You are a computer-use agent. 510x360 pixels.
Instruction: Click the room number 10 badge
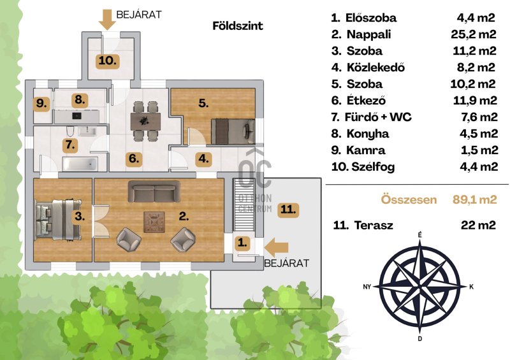(107, 61)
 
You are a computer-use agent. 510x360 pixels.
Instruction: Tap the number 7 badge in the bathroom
(70, 145)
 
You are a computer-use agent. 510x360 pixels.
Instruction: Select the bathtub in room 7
(80, 164)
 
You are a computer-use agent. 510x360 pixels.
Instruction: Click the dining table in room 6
(145, 121)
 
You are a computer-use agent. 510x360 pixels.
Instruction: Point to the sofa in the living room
(154, 192)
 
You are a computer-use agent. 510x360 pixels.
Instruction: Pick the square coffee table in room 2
(154, 222)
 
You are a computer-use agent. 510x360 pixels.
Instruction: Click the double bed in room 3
(57, 220)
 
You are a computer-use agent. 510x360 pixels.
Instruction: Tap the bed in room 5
(233, 131)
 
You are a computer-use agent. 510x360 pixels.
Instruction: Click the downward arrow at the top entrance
(107, 20)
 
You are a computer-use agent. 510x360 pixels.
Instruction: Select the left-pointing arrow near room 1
(276, 247)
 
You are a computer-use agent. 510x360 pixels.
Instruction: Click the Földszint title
(237, 26)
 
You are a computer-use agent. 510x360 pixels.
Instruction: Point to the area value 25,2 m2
(474, 34)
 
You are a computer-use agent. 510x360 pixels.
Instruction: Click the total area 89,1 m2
(474, 199)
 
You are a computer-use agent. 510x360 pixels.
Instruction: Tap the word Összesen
(409, 199)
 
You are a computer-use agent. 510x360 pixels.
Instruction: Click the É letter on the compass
(420, 235)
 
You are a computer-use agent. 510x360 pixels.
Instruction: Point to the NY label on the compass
(367, 287)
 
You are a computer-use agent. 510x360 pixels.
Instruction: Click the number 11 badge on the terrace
(288, 210)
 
